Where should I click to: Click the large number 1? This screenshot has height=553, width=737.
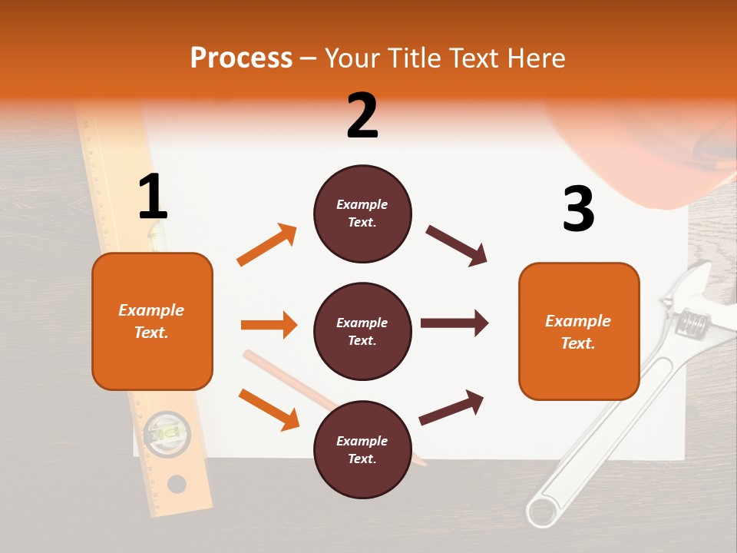(153, 197)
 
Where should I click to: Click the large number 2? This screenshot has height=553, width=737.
(362, 116)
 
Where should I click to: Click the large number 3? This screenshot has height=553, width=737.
(578, 209)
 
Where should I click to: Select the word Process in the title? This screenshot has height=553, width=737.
(241, 58)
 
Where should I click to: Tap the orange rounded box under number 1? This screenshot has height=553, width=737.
(152, 321)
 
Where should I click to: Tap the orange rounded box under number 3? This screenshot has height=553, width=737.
(579, 331)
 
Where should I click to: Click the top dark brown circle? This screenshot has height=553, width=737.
(362, 214)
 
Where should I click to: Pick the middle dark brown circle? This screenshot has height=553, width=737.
(362, 331)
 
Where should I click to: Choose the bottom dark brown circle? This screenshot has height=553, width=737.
(362, 449)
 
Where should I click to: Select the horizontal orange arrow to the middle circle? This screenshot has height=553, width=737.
(269, 325)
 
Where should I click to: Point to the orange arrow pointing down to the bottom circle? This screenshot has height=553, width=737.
(269, 409)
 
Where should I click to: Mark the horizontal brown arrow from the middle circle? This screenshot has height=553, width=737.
(454, 323)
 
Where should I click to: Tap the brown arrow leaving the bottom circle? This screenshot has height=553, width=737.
(451, 407)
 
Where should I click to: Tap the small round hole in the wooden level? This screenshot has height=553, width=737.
(177, 484)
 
